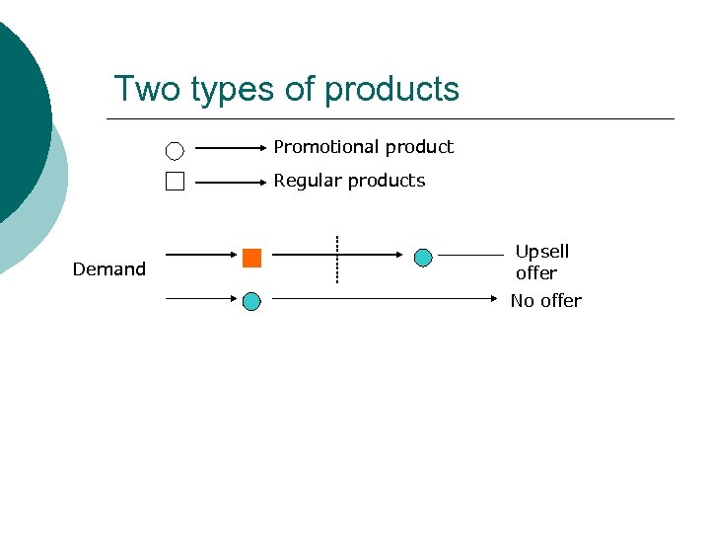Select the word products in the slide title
tap(391, 89)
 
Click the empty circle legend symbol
tap(175, 151)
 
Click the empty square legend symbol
tap(175, 182)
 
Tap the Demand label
tap(109, 269)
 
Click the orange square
tap(251, 259)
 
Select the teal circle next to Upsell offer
tap(423, 259)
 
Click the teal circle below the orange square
tap(251, 301)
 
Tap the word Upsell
tap(542, 252)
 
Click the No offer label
tap(545, 301)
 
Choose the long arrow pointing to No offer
tap(385, 296)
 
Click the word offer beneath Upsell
tap(536, 273)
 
